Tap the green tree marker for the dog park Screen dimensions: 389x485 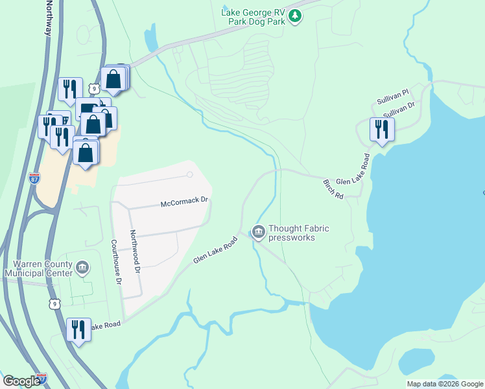(295, 16)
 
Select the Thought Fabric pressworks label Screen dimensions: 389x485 (299, 233)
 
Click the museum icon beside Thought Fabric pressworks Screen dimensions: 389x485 (259, 231)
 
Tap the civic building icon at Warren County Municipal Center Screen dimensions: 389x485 (82, 267)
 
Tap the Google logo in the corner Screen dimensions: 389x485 (21, 381)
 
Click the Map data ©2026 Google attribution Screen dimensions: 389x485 (445, 384)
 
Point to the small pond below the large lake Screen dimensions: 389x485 (416, 361)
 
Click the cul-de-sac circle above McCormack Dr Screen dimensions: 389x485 (189, 174)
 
